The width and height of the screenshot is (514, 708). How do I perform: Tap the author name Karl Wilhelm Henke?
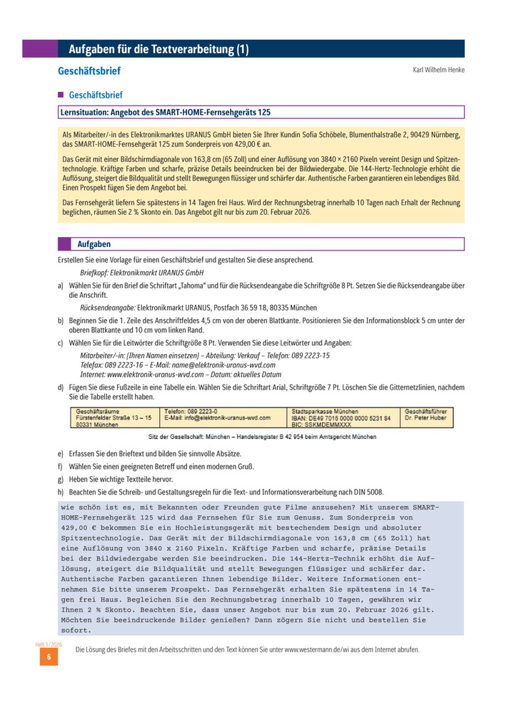(438, 70)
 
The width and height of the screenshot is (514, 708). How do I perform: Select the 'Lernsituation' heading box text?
(166, 112)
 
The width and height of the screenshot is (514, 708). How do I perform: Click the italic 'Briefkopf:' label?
(99, 273)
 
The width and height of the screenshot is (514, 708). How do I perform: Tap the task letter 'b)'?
(61, 320)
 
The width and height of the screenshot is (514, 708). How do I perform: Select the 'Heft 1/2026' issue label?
(49, 644)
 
